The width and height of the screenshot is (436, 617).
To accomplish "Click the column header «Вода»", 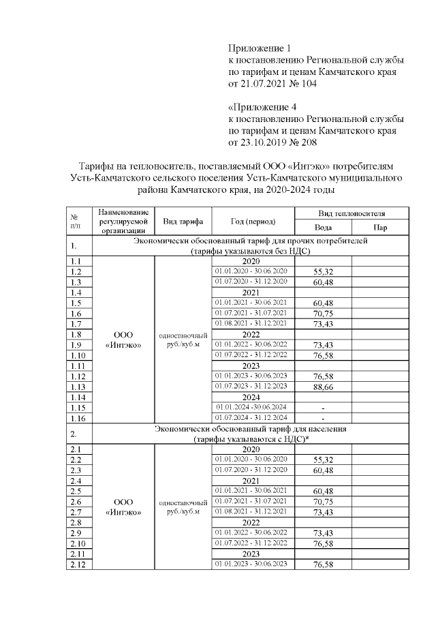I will [x=323, y=228].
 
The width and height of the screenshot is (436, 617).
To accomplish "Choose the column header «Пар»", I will [x=380, y=228].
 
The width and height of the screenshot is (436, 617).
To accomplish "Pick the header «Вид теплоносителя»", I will [x=351, y=213].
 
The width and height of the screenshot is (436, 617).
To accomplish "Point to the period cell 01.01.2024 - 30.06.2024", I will [x=252, y=407].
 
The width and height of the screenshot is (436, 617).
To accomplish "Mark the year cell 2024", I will [x=252, y=397].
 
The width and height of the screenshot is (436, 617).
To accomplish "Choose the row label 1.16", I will [x=77, y=418].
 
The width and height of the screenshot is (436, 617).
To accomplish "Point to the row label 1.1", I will [x=76, y=261].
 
